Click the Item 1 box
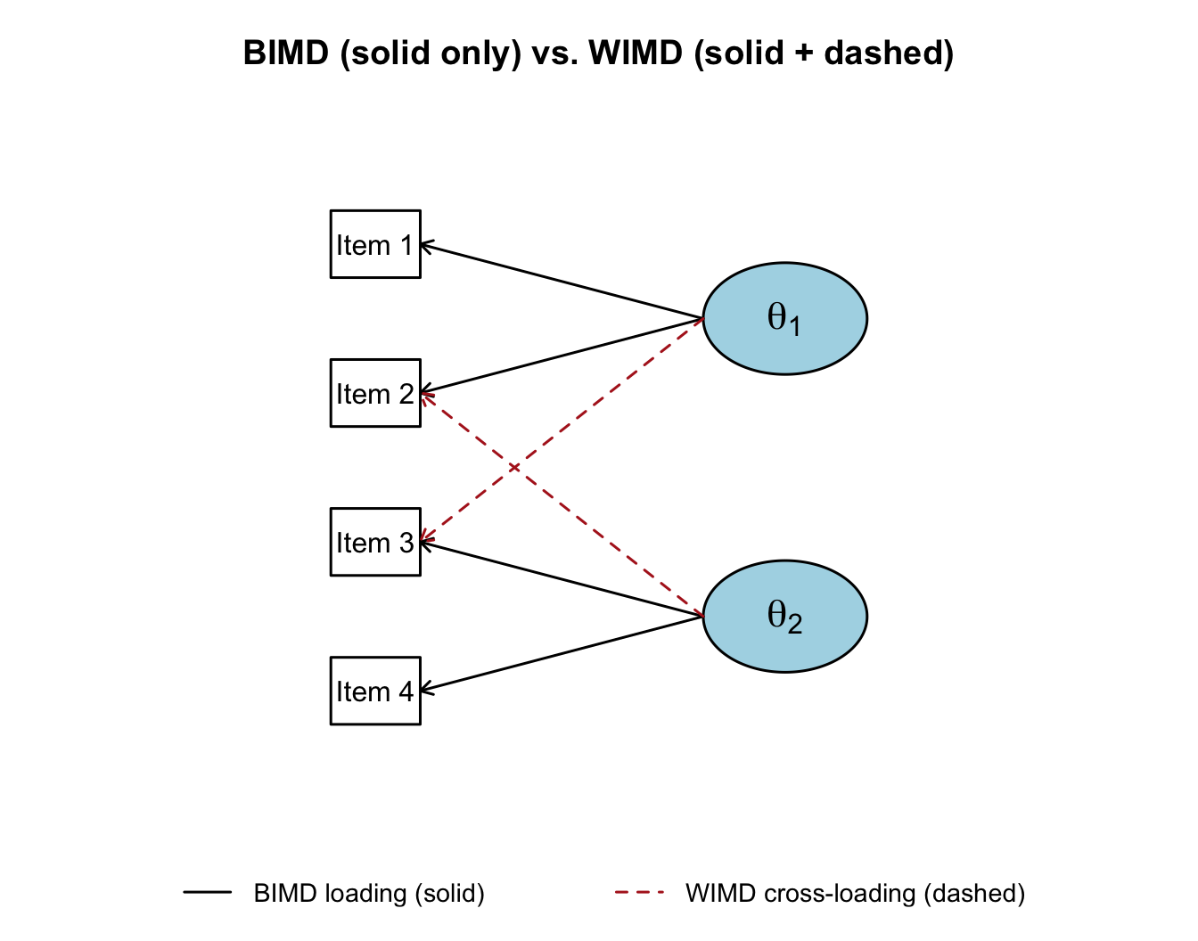tap(375, 244)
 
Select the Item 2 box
tap(375, 393)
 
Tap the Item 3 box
tap(375, 542)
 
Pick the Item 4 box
tap(375, 691)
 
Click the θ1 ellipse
tap(784, 318)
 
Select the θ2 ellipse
tap(784, 616)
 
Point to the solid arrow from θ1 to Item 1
tap(562, 281)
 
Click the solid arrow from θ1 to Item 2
tap(562, 356)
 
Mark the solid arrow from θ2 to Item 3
tap(562, 578)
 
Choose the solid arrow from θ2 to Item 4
tap(562, 653)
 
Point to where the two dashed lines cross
tap(515, 468)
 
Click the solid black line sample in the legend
tap(208, 892)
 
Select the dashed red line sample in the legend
tap(639, 892)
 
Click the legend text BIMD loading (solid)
tap(369, 893)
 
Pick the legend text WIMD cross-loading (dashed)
tap(855, 893)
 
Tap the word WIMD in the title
tap(636, 53)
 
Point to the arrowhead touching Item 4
tap(424, 689)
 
